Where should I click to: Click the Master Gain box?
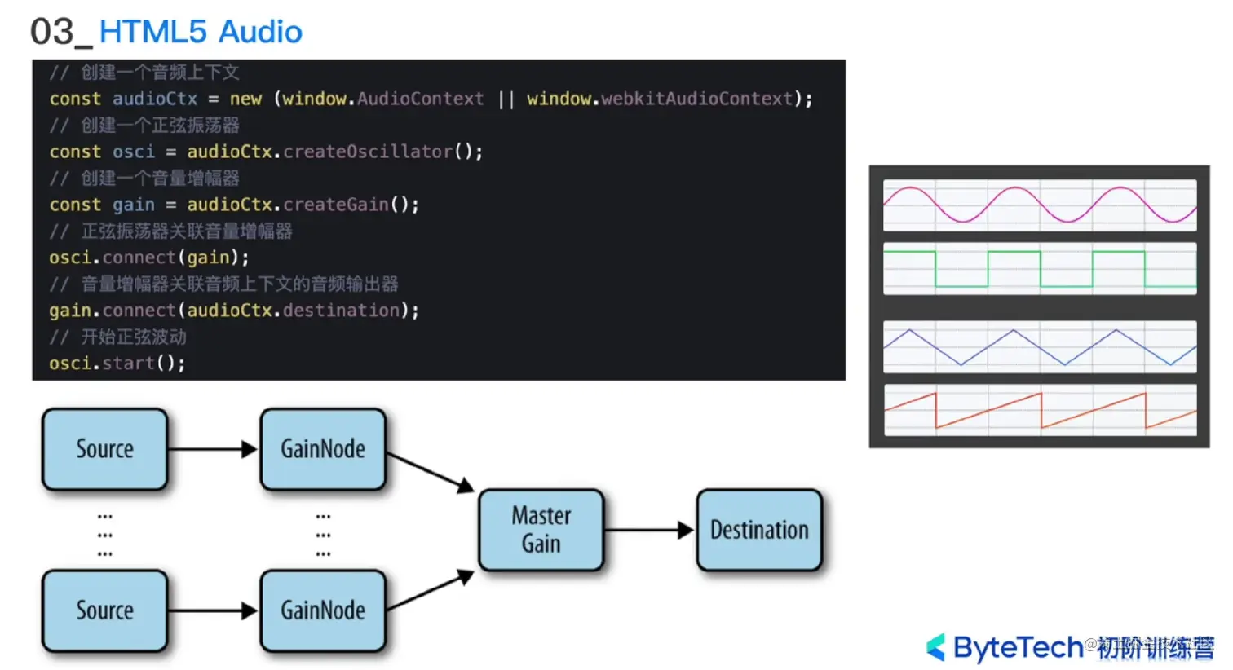541,530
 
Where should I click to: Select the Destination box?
759,530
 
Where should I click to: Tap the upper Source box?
105,449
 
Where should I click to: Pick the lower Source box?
105,610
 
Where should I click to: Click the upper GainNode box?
323,449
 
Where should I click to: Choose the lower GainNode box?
323,610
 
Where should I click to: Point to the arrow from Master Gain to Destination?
649,531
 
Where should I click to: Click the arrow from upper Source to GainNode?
213,449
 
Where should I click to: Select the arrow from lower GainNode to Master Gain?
430,592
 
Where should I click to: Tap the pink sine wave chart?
1040,205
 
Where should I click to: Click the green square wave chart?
1040,268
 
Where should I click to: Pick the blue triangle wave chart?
1040,347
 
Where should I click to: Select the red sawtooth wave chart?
1040,410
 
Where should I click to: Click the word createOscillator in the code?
368,152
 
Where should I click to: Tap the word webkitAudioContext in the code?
697,99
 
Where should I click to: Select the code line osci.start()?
117,364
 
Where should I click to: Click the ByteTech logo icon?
936,647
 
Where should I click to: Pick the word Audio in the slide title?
260,33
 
